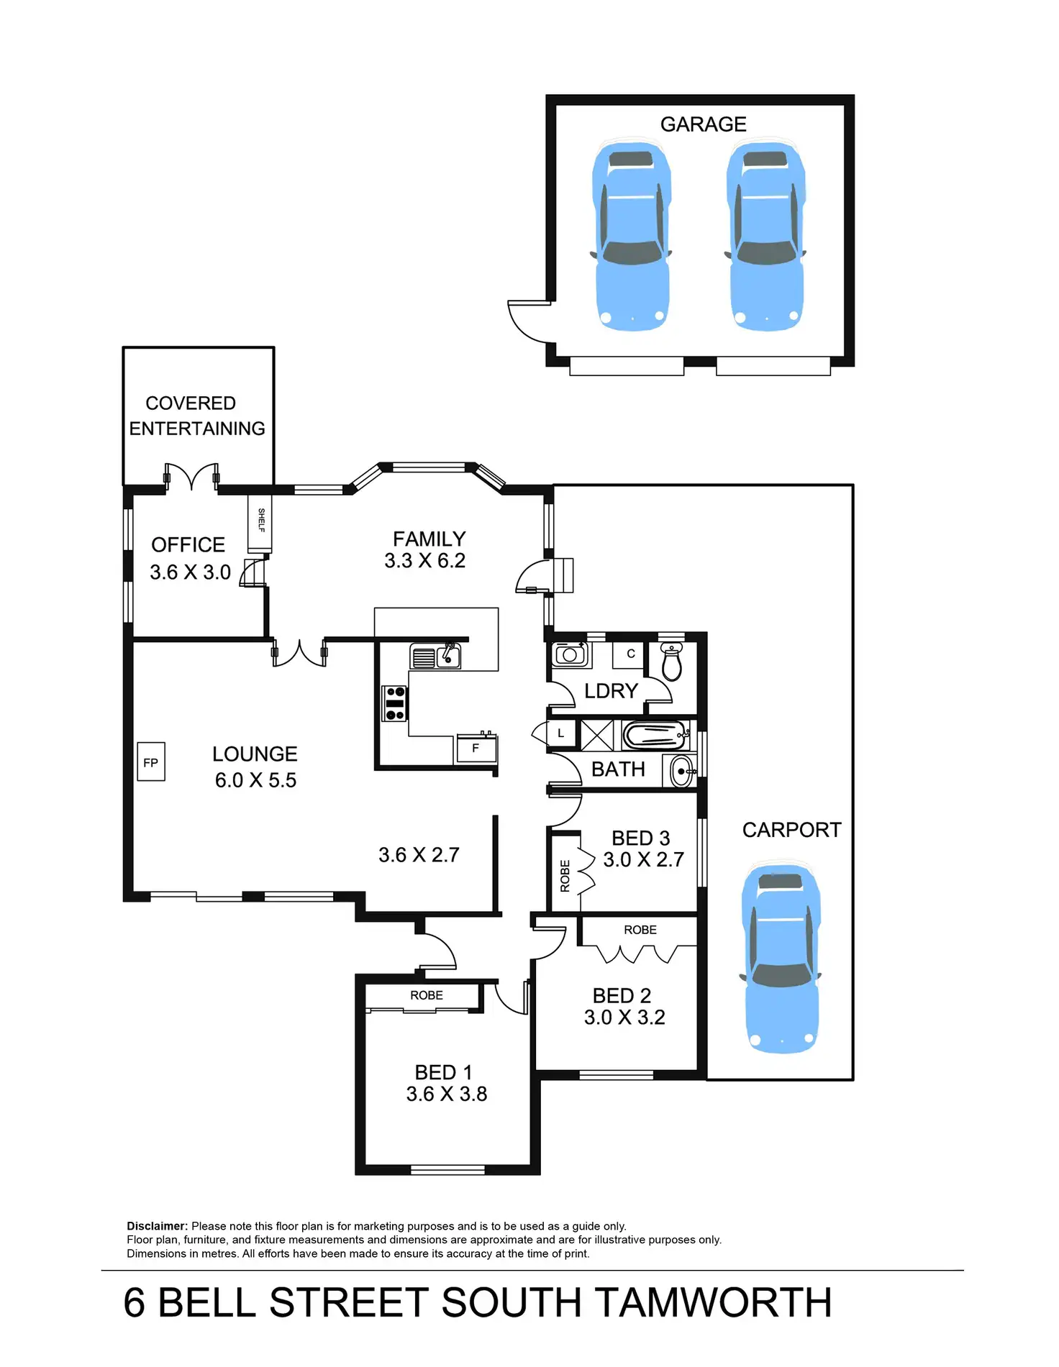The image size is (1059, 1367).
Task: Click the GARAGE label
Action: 703,124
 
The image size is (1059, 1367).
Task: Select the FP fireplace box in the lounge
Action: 151,762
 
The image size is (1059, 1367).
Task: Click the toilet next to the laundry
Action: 671,662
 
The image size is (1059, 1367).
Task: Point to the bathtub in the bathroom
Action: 654,736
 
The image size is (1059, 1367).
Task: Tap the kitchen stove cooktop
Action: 395,703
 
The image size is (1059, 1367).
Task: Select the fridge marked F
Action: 476,749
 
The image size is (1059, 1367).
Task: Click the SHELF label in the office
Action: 260,520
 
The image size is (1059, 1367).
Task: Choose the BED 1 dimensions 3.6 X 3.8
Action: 446,1094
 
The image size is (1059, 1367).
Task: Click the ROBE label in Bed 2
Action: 640,930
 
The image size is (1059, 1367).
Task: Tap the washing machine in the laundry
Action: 571,654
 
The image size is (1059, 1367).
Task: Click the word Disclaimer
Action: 157,1226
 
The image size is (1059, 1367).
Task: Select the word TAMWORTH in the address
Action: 714,1303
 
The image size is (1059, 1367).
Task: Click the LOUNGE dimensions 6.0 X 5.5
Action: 255,780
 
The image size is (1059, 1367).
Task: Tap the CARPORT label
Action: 791,830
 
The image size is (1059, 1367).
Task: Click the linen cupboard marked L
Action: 561,734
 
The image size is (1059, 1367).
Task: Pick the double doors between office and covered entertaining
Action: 191,477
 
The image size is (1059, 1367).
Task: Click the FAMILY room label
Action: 429,539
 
